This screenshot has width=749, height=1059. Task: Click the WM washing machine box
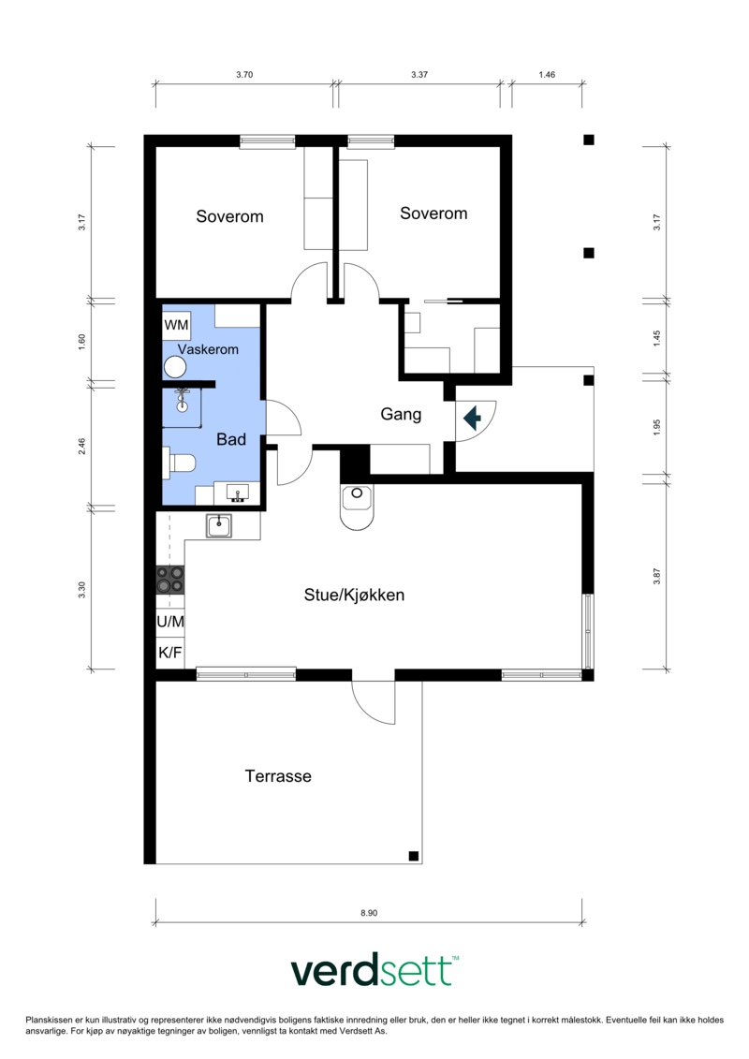click(x=176, y=324)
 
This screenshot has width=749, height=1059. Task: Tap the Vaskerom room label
click(x=208, y=349)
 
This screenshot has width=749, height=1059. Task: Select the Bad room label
click(x=231, y=439)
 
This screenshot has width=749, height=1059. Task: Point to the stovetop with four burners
click(x=170, y=580)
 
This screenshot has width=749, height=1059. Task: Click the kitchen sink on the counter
click(x=219, y=525)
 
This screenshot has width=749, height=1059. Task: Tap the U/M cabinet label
click(x=170, y=622)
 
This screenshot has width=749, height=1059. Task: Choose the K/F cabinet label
click(x=170, y=653)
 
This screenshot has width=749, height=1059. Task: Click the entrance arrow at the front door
click(x=472, y=419)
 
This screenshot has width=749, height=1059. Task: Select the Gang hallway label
click(x=401, y=414)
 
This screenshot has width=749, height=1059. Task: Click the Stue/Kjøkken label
click(x=354, y=595)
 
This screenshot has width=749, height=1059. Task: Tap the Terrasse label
click(x=278, y=776)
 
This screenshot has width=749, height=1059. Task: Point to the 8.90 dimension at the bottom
click(x=369, y=912)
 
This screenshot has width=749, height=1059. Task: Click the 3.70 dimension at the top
click(x=244, y=74)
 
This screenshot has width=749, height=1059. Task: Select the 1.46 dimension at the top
click(x=547, y=74)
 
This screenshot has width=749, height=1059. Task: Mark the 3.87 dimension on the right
click(x=656, y=576)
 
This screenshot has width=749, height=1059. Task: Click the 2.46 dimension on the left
click(x=81, y=447)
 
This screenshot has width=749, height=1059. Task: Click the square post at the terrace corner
click(x=414, y=857)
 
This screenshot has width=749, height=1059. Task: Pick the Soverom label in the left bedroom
click(x=229, y=216)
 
